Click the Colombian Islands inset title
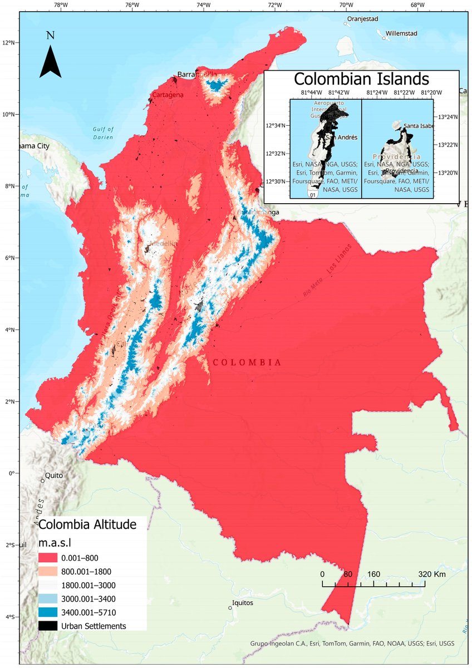362,78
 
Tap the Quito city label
54,476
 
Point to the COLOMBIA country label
247,362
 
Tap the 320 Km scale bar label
432,574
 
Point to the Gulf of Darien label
103,133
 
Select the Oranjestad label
362,19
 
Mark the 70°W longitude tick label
346,6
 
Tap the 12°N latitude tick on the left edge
11,42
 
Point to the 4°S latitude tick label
11,617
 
